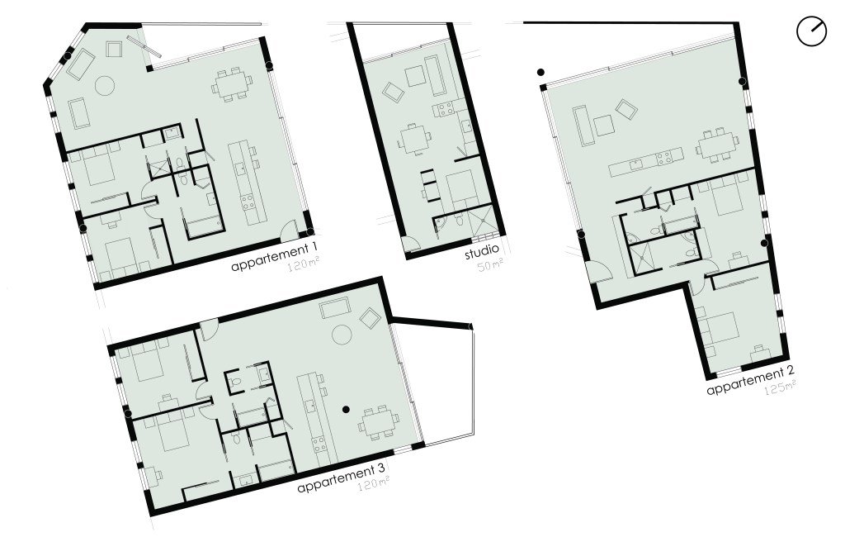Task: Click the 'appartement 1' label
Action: (273, 258)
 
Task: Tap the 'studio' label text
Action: (482, 252)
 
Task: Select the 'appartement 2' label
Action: (750, 381)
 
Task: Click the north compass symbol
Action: (812, 31)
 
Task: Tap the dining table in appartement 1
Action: (232, 84)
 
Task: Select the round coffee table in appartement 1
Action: (105, 85)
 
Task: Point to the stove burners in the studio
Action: (445, 110)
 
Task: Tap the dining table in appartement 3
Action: (380, 421)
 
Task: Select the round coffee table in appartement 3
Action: (342, 335)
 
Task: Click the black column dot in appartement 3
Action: (347, 410)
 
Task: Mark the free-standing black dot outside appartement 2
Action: (541, 73)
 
